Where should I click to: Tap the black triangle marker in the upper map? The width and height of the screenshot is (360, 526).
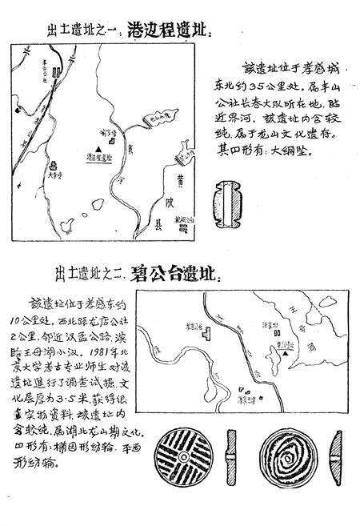(97, 150)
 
